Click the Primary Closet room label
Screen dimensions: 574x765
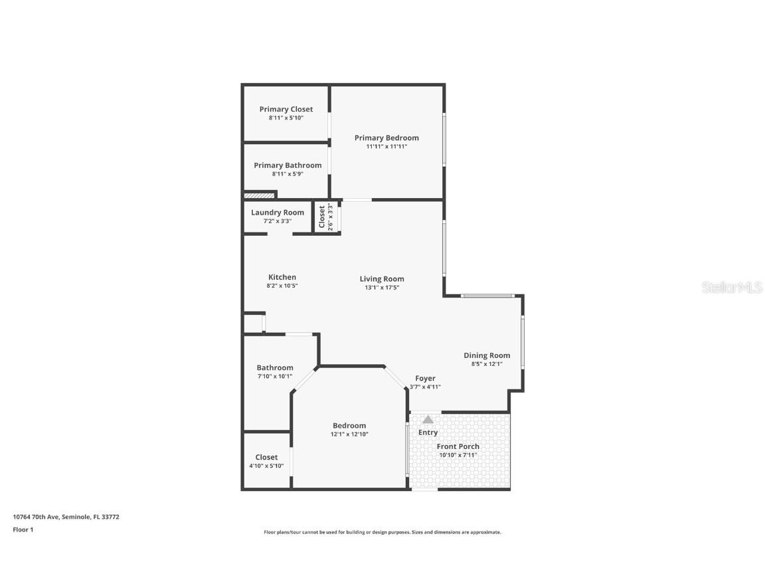[286, 109]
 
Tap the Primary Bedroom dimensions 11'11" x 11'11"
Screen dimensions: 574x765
[386, 147]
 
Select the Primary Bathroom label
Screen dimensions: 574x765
[288, 165]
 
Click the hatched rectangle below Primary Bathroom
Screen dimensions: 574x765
[259, 195]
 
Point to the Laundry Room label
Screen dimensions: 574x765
[278, 213]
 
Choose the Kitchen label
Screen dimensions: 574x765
[282, 277]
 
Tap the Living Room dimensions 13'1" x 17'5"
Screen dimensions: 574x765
[382, 288]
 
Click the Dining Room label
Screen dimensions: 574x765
[487, 355]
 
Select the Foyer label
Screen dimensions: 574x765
[425, 378]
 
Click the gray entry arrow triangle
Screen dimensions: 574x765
[428, 419]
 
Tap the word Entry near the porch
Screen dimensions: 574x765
[428, 432]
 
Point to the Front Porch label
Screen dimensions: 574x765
[458, 446]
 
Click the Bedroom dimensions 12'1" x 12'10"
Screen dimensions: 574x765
[349, 434]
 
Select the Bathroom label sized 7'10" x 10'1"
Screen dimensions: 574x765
[275, 367]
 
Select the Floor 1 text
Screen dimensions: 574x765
[23, 529]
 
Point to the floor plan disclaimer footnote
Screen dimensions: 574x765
[382, 532]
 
